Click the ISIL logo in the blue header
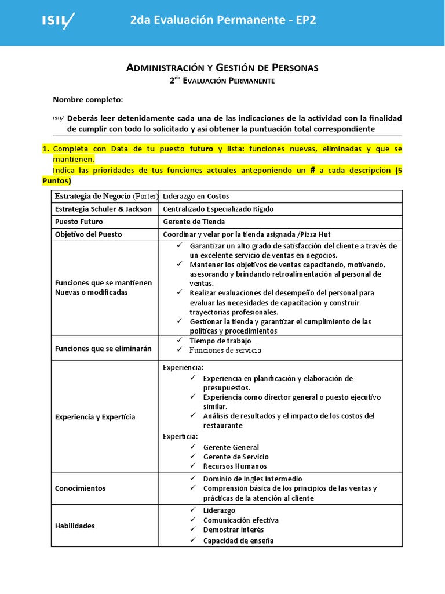click(58, 21)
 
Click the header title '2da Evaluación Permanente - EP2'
click(223, 21)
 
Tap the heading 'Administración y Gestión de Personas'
click(222, 68)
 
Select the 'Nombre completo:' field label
click(88, 100)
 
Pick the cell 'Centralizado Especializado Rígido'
click(218, 209)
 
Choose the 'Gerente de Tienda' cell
click(194, 222)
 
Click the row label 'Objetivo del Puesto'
click(89, 234)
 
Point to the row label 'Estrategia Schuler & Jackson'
click(103, 209)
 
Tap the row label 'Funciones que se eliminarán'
click(103, 349)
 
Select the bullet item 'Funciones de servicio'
click(225, 350)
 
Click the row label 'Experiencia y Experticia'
click(95, 416)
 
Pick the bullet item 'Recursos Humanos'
click(235, 466)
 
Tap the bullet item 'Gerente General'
click(231, 447)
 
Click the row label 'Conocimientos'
click(81, 488)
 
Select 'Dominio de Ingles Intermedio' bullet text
click(253, 479)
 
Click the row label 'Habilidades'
click(75, 526)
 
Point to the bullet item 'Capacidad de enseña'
click(238, 541)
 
